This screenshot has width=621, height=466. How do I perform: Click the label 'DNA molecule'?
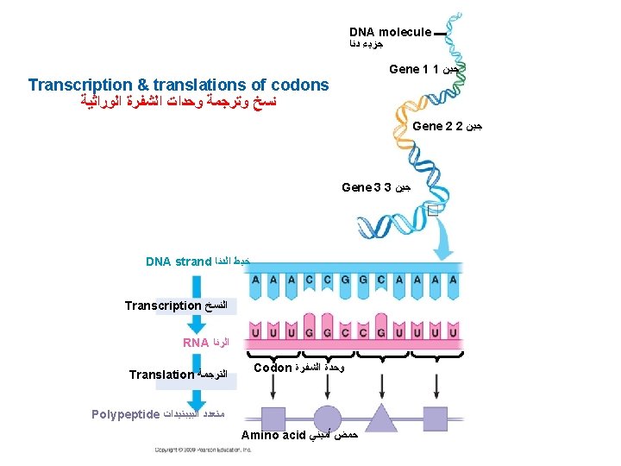pos(390,32)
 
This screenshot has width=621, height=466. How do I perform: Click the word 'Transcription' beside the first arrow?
pos(162,305)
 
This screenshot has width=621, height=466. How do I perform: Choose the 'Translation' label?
pos(161,375)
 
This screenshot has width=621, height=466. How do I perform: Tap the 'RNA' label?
pos(196,343)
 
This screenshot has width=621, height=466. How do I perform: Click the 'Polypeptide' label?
pos(126,413)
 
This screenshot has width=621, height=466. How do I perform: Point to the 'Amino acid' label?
pos(269,435)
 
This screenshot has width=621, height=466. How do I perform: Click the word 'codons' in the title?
pos(300,85)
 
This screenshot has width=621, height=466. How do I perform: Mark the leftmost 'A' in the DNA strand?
pos(254,280)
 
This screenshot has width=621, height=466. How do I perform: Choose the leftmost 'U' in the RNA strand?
pos(254,331)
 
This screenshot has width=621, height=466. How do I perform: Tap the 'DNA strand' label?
pos(179,261)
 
